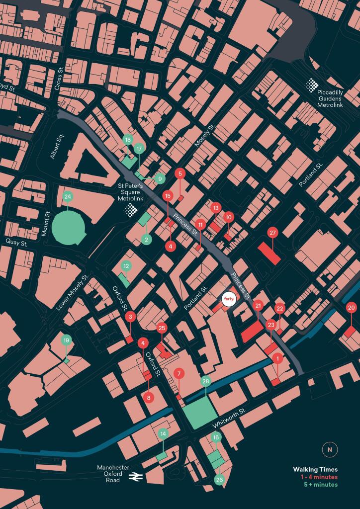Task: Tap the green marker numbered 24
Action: [68, 197]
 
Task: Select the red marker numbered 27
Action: [272, 233]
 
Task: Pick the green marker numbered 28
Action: [206, 381]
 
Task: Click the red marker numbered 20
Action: [352, 308]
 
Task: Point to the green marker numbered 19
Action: [66, 340]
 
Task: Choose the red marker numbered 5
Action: [180, 173]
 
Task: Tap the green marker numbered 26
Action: [219, 480]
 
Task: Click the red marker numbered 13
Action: [215, 207]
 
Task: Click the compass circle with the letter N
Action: [329, 449]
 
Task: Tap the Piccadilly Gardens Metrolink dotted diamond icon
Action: [312, 85]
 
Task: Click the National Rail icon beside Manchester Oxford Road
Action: [134, 476]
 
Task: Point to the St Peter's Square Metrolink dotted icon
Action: [131, 210]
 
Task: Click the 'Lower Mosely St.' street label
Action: [71, 293]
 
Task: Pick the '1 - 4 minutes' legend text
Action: [319, 477]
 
